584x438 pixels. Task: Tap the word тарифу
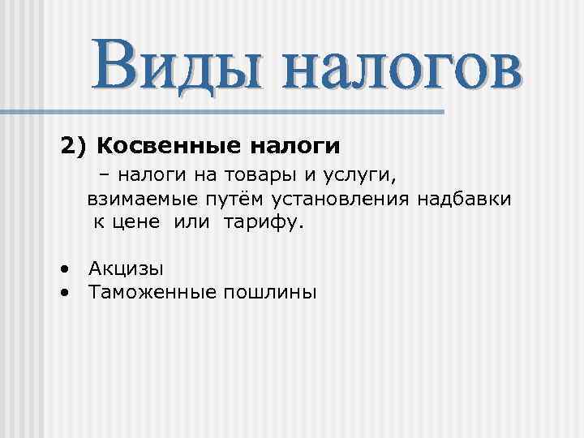coord(260,223)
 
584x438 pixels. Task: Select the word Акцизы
coord(127,268)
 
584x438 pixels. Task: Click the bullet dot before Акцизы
coord(64,268)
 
